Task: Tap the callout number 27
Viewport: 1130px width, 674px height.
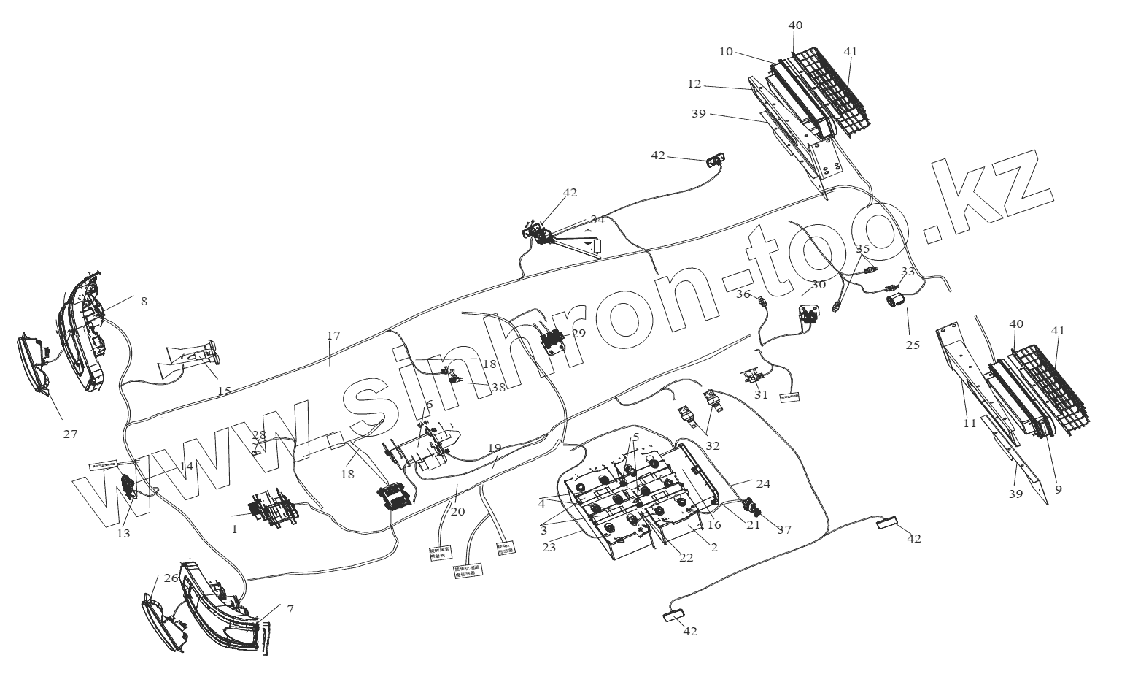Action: (70, 434)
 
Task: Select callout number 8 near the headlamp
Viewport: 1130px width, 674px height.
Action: (144, 301)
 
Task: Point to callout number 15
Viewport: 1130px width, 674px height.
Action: (224, 391)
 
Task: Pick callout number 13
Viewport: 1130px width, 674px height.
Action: (123, 534)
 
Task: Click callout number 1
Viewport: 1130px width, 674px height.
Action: (235, 529)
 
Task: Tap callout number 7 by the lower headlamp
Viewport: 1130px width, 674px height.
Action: (290, 608)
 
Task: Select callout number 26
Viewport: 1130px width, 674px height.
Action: (171, 578)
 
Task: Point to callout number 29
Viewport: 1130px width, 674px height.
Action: (578, 333)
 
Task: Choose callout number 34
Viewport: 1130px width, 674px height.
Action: (597, 219)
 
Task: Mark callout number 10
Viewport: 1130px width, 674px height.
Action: (725, 51)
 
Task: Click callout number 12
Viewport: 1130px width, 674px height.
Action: (694, 84)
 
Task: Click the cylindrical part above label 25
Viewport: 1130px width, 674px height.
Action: (894, 300)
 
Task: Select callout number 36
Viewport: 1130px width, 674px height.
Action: (743, 294)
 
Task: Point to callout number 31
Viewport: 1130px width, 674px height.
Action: (761, 394)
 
